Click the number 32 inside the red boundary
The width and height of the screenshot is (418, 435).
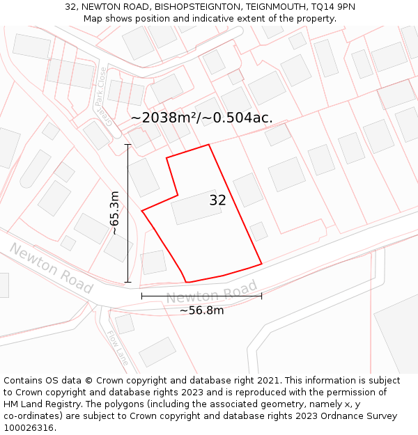click(217, 201)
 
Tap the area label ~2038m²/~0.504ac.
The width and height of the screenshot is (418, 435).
click(201, 118)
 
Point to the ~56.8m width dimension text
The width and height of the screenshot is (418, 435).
click(201, 310)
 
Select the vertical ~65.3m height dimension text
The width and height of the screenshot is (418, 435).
click(114, 213)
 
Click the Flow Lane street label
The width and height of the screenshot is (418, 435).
click(118, 349)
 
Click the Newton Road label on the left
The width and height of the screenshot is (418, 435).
click(51, 268)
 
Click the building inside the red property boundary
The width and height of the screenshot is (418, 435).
click(197, 207)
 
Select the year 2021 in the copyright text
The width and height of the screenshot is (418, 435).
click(269, 381)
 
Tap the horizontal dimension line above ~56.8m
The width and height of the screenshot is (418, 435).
click(201, 296)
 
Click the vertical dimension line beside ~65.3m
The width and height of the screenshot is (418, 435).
click(127, 213)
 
